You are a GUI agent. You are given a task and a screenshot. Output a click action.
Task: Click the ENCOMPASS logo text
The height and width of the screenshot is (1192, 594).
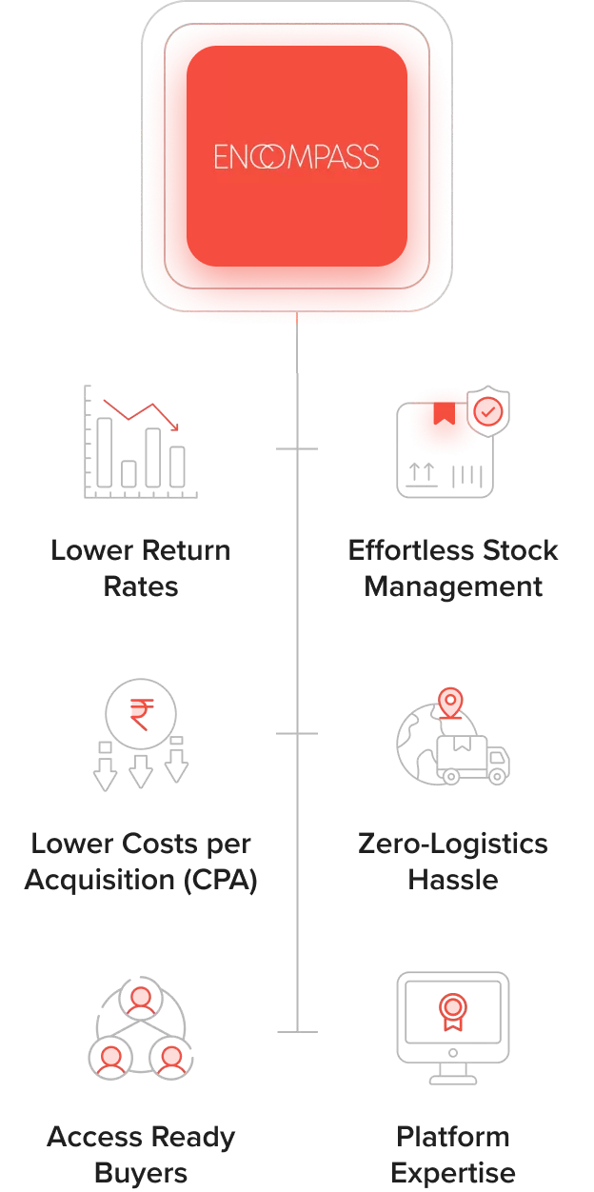[296, 156]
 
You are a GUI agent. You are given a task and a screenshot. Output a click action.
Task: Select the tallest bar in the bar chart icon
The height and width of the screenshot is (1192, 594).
[105, 452]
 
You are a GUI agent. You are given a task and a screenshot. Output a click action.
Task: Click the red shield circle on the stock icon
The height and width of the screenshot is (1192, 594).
[488, 411]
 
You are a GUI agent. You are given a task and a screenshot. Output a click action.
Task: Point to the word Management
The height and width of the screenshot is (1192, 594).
[453, 586]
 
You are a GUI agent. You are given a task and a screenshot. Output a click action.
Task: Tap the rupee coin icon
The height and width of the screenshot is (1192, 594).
[140, 710]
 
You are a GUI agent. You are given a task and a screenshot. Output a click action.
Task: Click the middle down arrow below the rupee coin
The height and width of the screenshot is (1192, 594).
[141, 771]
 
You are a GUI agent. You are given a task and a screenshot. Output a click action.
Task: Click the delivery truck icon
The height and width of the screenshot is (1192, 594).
[473, 759]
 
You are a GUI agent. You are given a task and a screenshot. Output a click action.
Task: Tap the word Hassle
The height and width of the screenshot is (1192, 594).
[453, 880]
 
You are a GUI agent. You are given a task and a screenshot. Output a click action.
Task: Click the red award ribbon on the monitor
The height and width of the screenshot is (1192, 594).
[452, 1010]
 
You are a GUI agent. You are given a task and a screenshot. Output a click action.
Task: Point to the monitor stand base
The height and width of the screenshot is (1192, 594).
[453, 1080]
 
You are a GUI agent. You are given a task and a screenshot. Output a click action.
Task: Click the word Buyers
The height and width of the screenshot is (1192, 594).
[141, 1173]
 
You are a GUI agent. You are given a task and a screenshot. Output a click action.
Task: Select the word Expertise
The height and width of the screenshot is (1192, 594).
[453, 1173]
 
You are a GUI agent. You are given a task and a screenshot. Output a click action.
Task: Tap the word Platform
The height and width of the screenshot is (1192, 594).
[453, 1137]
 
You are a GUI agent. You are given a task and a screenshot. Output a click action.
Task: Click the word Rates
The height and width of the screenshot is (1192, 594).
[141, 586]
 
